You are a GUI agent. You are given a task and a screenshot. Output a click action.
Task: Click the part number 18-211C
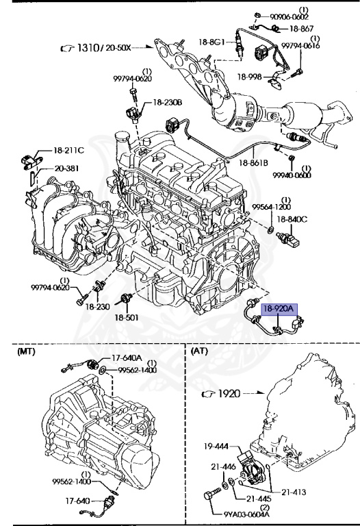pyautogui.click(x=69, y=150)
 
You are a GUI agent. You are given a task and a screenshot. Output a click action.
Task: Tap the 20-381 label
pyautogui.click(x=67, y=167)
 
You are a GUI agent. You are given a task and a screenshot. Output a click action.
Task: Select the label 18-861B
pyautogui.click(x=254, y=162)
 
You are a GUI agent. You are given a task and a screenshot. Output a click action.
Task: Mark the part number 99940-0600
pyautogui.click(x=293, y=175)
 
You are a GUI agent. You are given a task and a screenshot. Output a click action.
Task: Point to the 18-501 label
pyautogui.click(x=126, y=317)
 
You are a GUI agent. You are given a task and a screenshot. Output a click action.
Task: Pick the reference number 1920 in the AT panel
pyautogui.click(x=230, y=394)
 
